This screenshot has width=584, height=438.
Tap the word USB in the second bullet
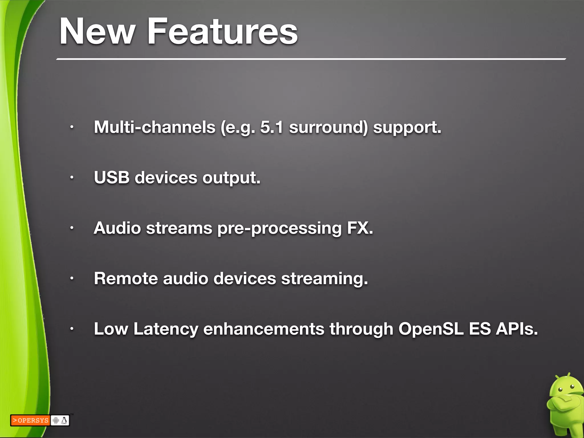111,177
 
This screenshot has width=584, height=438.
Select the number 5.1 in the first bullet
272,127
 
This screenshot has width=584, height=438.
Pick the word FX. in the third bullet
360,228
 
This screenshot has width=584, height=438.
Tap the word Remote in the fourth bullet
126,278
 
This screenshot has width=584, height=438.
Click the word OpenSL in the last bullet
431,329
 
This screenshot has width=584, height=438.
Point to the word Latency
166,329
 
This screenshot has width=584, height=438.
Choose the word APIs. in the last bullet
517,329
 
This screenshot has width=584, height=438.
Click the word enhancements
264,329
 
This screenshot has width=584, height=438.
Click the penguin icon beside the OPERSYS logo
64,420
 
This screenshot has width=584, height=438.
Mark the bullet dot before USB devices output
72,178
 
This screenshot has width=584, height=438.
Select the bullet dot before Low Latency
72,329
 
